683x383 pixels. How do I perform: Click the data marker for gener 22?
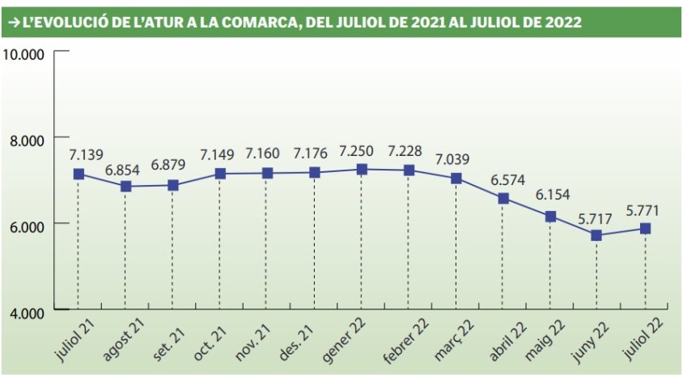tap(362, 170)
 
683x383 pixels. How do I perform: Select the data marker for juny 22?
tap(596, 235)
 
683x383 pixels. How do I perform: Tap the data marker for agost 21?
tap(125, 187)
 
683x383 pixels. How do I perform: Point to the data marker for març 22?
tap(456, 179)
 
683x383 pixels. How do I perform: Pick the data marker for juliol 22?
tap(645, 229)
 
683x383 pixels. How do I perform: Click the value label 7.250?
tap(359, 151)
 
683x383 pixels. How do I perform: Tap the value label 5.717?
tap(596, 217)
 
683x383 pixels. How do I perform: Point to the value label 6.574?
tap(503, 180)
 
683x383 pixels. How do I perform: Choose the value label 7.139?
tap(79, 154)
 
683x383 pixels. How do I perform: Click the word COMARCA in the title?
tap(258, 23)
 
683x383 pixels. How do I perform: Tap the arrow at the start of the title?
tap(14, 23)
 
